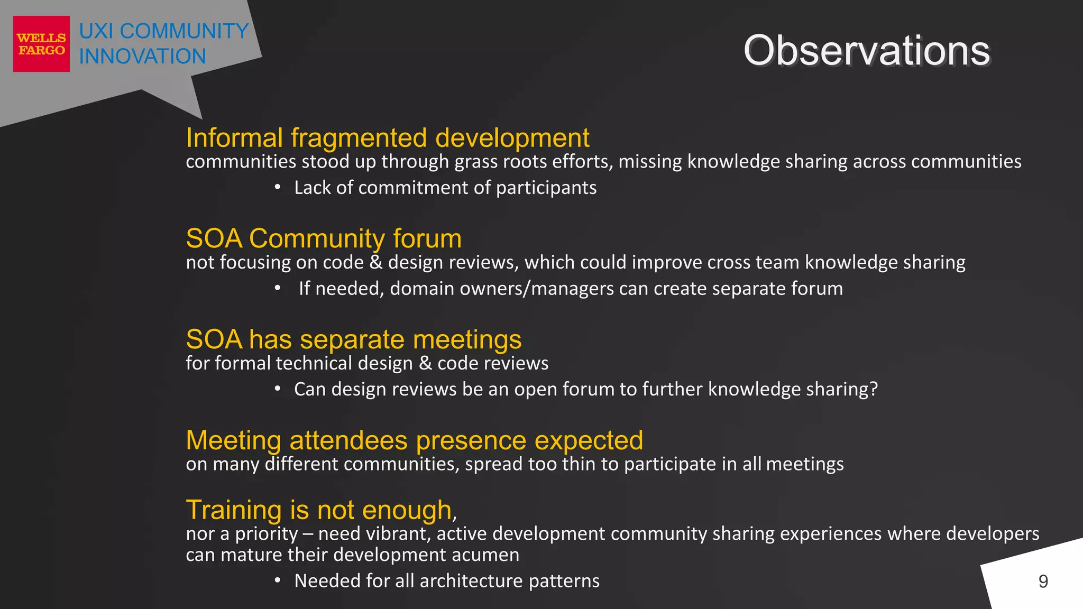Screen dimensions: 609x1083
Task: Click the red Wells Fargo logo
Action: coord(41,44)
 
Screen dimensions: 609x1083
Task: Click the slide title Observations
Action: coord(866,51)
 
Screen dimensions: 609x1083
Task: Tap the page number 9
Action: coord(1043,582)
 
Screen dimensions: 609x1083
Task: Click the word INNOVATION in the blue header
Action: coord(142,57)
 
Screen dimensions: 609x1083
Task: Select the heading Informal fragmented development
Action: coord(387,138)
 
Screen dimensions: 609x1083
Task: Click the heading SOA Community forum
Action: coord(324,238)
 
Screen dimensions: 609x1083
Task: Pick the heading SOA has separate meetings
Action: coord(353,339)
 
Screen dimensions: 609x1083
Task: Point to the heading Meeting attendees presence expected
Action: coord(414,440)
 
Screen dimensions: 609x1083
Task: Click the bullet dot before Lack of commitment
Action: coord(278,187)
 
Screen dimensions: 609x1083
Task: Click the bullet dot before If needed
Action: coord(278,288)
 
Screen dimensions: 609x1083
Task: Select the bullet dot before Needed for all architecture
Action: coord(278,580)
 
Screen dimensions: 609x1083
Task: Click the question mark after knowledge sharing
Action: coord(873,389)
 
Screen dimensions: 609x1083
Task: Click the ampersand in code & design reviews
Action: coord(376,263)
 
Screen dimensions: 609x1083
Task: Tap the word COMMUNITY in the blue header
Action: coord(184,31)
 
